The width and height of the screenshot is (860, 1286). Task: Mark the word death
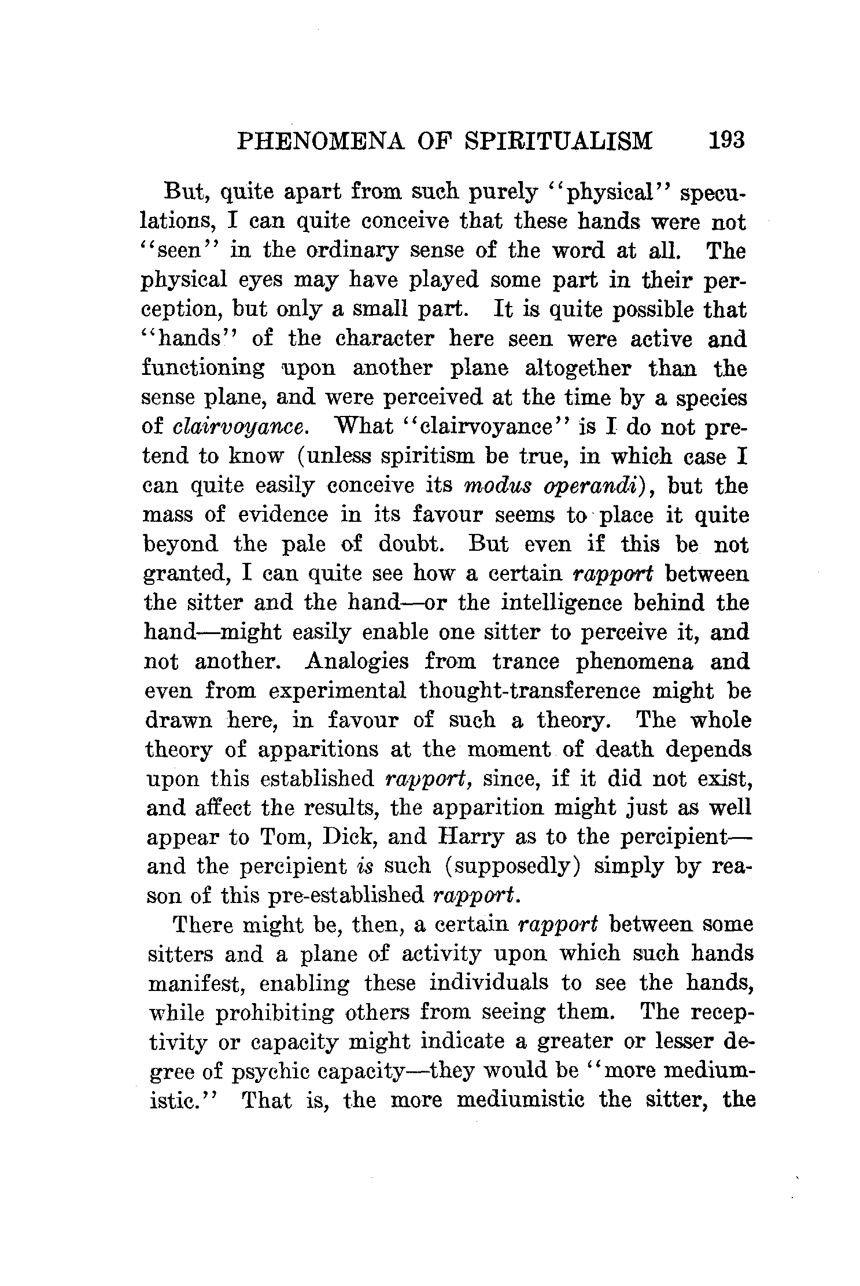pyautogui.click(x=624, y=749)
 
